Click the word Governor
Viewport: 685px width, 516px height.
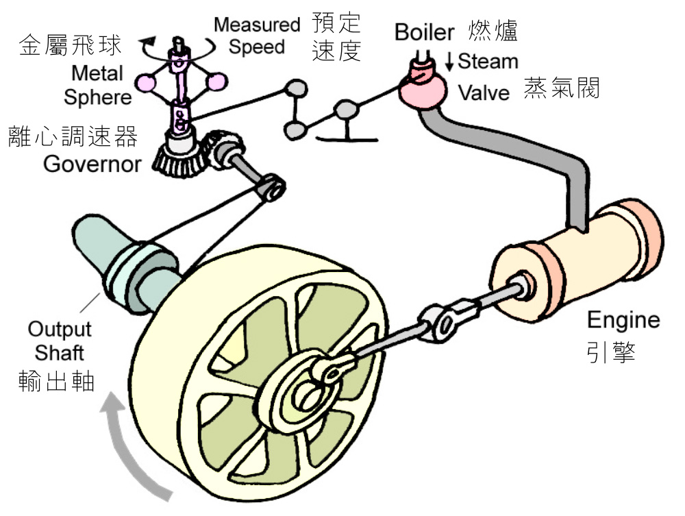(x=92, y=164)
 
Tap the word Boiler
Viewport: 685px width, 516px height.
(x=425, y=32)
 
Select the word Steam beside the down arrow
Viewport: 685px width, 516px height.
(x=488, y=61)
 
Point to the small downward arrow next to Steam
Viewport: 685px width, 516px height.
(x=449, y=62)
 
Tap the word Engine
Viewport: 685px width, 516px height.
(x=623, y=320)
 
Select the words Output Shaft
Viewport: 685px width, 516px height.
(x=60, y=341)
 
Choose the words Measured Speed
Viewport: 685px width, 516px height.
(x=257, y=36)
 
